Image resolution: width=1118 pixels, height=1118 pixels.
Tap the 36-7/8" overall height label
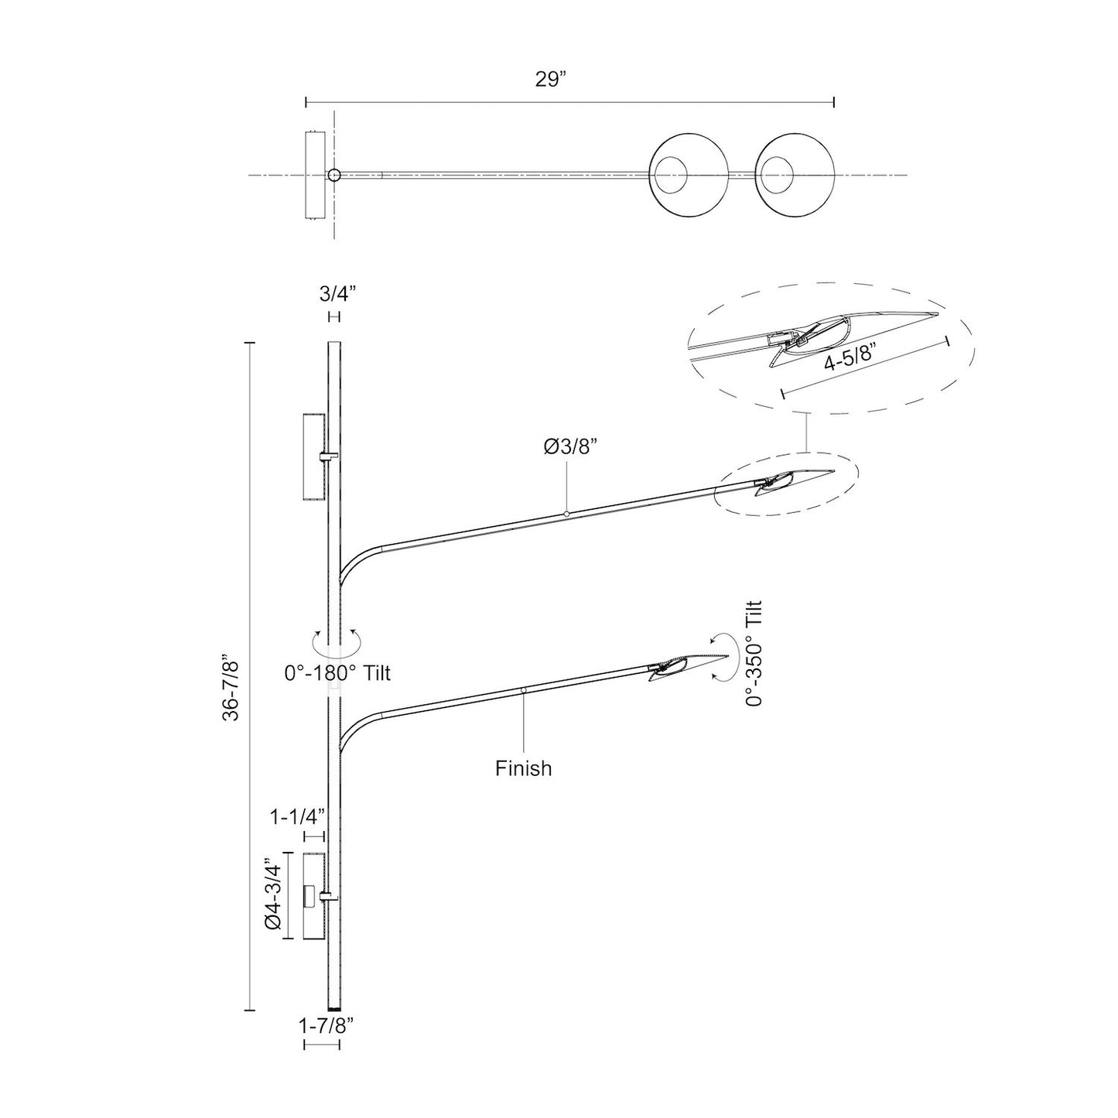pos(231,688)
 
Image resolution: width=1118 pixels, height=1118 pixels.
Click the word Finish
pos(524,768)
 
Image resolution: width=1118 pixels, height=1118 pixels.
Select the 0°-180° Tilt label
pos(337,674)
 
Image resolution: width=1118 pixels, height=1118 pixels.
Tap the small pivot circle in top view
pos(333,176)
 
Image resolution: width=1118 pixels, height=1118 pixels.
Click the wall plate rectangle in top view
pos(314,176)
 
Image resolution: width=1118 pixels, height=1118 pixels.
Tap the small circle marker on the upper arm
pos(566,513)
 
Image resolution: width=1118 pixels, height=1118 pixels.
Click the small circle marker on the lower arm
pos(524,689)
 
